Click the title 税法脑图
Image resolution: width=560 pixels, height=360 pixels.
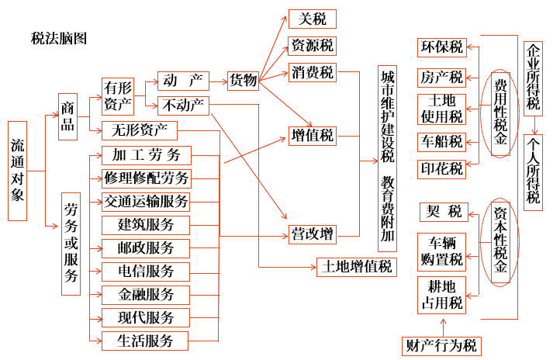(x=59, y=39)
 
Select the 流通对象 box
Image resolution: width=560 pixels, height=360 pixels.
(x=18, y=171)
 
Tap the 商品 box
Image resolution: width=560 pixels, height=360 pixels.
(x=67, y=117)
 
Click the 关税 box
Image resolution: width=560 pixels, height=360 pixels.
(x=313, y=19)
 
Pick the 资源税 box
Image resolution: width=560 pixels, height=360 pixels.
(x=313, y=46)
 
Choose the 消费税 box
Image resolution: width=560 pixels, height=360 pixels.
(x=313, y=72)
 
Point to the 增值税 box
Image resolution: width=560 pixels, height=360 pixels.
(x=313, y=136)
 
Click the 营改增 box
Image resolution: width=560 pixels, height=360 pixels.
(x=313, y=234)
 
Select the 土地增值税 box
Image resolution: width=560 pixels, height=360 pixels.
(x=357, y=267)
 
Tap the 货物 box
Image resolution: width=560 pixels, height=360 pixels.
(x=244, y=81)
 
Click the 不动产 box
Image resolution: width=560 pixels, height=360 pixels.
(x=183, y=106)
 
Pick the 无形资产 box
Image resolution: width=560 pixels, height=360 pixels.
(x=140, y=130)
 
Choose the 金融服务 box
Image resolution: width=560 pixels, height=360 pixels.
(x=146, y=295)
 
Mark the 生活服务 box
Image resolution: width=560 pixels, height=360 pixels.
(x=145, y=341)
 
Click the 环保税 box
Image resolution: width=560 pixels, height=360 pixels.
(x=442, y=47)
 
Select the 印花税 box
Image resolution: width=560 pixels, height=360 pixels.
(x=442, y=169)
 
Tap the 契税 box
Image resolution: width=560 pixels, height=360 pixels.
(x=444, y=212)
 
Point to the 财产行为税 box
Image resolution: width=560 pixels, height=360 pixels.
(x=441, y=346)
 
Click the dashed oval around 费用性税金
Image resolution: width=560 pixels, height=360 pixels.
(x=482, y=114)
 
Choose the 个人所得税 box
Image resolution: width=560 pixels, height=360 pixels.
(x=533, y=172)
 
